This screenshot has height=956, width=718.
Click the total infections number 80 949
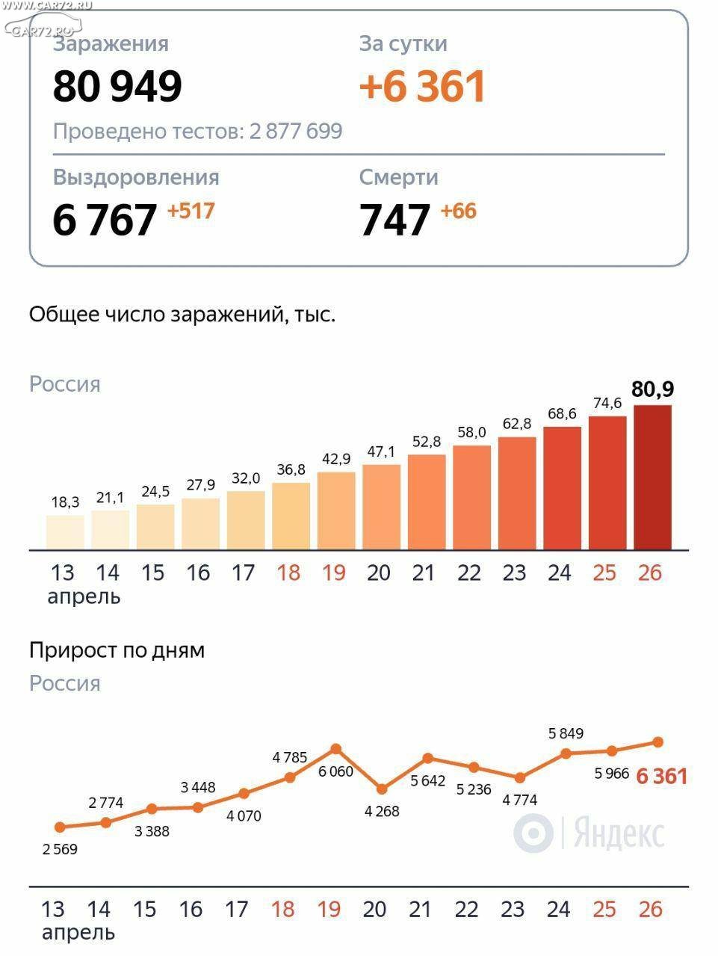click(x=117, y=87)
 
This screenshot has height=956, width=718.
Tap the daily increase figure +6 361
click(x=423, y=87)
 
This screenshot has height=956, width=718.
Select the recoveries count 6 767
click(x=105, y=220)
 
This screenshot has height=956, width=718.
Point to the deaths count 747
click(x=394, y=220)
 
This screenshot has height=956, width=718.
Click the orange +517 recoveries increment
click(x=191, y=211)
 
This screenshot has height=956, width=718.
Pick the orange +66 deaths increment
click(x=458, y=211)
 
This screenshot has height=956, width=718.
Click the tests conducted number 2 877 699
click(x=296, y=132)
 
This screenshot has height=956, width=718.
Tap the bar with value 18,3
click(x=65, y=532)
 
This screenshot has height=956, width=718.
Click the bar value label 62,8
click(x=516, y=424)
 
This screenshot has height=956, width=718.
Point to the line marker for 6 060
click(x=336, y=749)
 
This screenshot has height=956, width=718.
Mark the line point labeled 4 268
click(x=382, y=789)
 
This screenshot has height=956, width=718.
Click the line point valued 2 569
click(x=61, y=827)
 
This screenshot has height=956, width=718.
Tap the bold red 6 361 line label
click(x=661, y=777)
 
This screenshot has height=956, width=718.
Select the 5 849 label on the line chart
click(x=566, y=733)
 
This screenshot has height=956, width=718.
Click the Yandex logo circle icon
click(x=533, y=833)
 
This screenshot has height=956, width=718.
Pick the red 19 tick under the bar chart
click(x=333, y=573)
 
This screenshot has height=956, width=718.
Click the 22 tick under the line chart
click(x=466, y=909)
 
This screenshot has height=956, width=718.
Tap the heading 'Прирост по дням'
click(x=117, y=650)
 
